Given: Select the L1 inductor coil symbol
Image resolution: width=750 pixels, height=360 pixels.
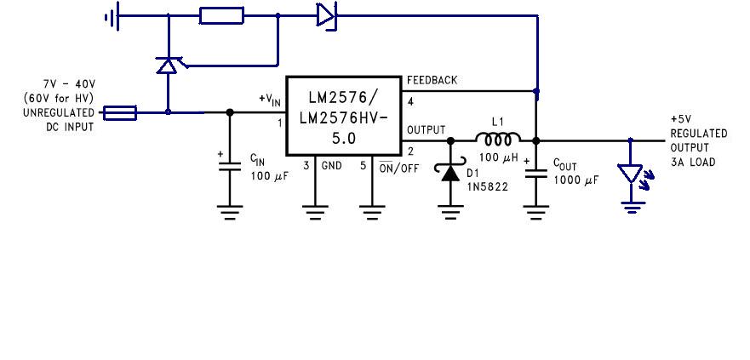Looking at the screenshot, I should coord(499,139).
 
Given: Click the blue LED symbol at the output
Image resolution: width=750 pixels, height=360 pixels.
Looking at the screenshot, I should coord(631,174).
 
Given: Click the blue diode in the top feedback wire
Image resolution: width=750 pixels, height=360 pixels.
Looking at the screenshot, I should coord(325,15).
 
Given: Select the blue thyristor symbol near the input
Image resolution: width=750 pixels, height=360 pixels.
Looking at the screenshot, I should coord(168,65).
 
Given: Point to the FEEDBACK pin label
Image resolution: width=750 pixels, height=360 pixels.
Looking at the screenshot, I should coord(432,81).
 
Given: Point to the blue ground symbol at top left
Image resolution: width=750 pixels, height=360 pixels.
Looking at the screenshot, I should coord(110,15).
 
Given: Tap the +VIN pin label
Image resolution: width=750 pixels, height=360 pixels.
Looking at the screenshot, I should coord(269,100).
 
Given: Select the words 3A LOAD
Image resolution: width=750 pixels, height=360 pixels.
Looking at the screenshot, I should coord(693,161).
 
